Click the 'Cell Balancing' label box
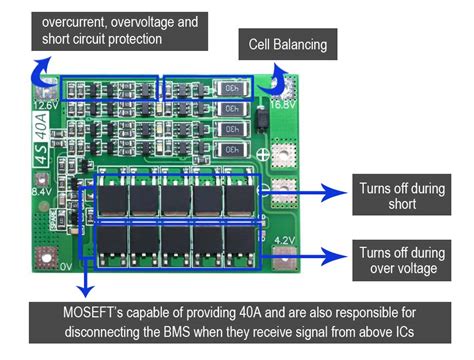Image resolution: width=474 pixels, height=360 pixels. pos(288,45)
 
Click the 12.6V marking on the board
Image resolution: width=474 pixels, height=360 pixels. pos(45,105)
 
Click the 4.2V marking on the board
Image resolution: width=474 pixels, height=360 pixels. pos(285,240)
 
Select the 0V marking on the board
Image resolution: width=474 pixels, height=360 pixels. pos(40,267)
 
